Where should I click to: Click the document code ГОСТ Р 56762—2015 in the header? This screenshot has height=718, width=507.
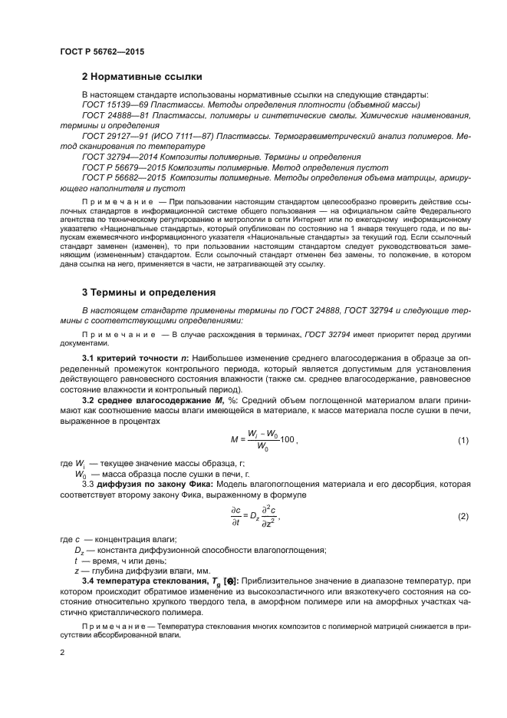click(x=101, y=51)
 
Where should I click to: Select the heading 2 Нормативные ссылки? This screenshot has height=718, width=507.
click(x=142, y=77)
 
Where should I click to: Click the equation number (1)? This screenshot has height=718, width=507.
click(x=463, y=440)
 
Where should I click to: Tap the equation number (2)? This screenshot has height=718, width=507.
click(x=463, y=516)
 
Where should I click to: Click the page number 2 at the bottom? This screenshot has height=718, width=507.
click(x=62, y=652)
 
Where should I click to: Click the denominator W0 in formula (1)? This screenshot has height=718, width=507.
click(x=262, y=446)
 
